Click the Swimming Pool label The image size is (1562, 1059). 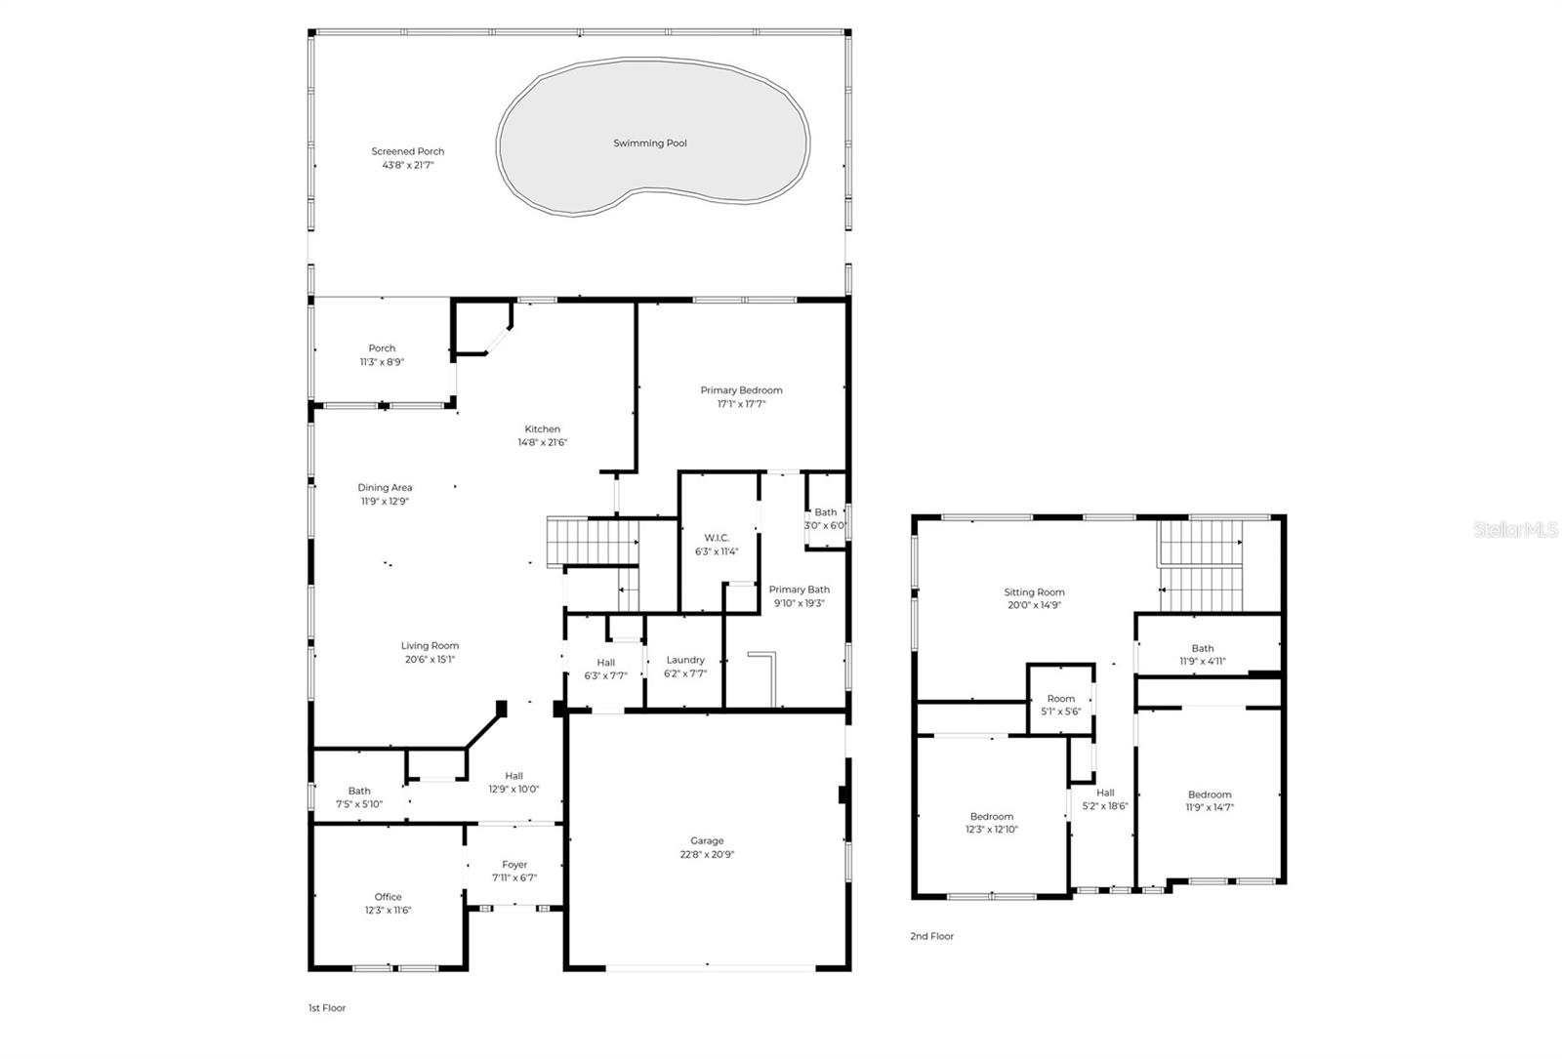649,143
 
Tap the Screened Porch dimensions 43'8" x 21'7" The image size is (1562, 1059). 407,166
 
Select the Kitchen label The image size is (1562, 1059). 542,429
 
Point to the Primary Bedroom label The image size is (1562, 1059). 741,390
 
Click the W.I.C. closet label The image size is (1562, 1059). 717,538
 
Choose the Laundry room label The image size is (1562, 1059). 684,660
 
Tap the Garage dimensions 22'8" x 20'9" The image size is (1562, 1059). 707,855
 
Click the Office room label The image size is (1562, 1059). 388,897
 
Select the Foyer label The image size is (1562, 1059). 514,865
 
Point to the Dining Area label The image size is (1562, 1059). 385,488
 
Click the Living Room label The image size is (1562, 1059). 430,646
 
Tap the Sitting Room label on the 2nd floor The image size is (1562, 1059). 1034,592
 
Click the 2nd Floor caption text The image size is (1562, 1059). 931,936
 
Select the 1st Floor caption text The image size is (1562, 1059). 326,1008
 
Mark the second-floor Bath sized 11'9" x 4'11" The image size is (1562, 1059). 1202,655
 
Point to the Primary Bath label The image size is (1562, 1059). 799,590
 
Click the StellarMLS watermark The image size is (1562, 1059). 1515,530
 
